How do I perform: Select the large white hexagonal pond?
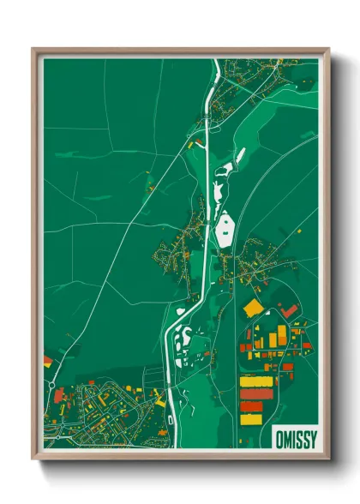click(x=226, y=229)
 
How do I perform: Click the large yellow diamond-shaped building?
click(x=253, y=307)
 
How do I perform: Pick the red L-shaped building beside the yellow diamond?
click(x=291, y=309)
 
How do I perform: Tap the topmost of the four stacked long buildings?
click(x=255, y=381)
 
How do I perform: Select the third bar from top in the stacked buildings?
click(x=252, y=406)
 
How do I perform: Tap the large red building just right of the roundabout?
click(x=59, y=395)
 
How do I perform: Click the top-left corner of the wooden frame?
click(x=33, y=50)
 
